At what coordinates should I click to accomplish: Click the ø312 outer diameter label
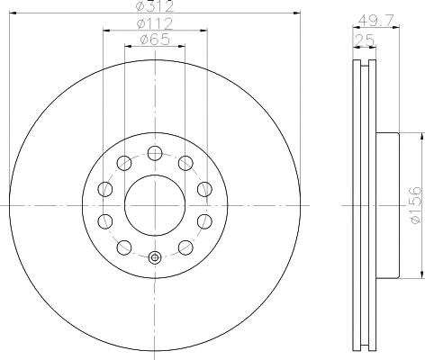155,6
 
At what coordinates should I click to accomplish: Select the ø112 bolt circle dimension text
155,23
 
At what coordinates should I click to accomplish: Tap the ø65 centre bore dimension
155,39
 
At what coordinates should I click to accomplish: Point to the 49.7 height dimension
376,21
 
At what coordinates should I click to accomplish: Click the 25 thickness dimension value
365,40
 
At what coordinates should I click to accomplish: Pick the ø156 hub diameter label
416,205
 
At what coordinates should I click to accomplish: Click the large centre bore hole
155,205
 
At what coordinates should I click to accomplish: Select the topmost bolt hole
155,154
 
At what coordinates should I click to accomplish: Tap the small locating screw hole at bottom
155,257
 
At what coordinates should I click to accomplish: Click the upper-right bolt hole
185,164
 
